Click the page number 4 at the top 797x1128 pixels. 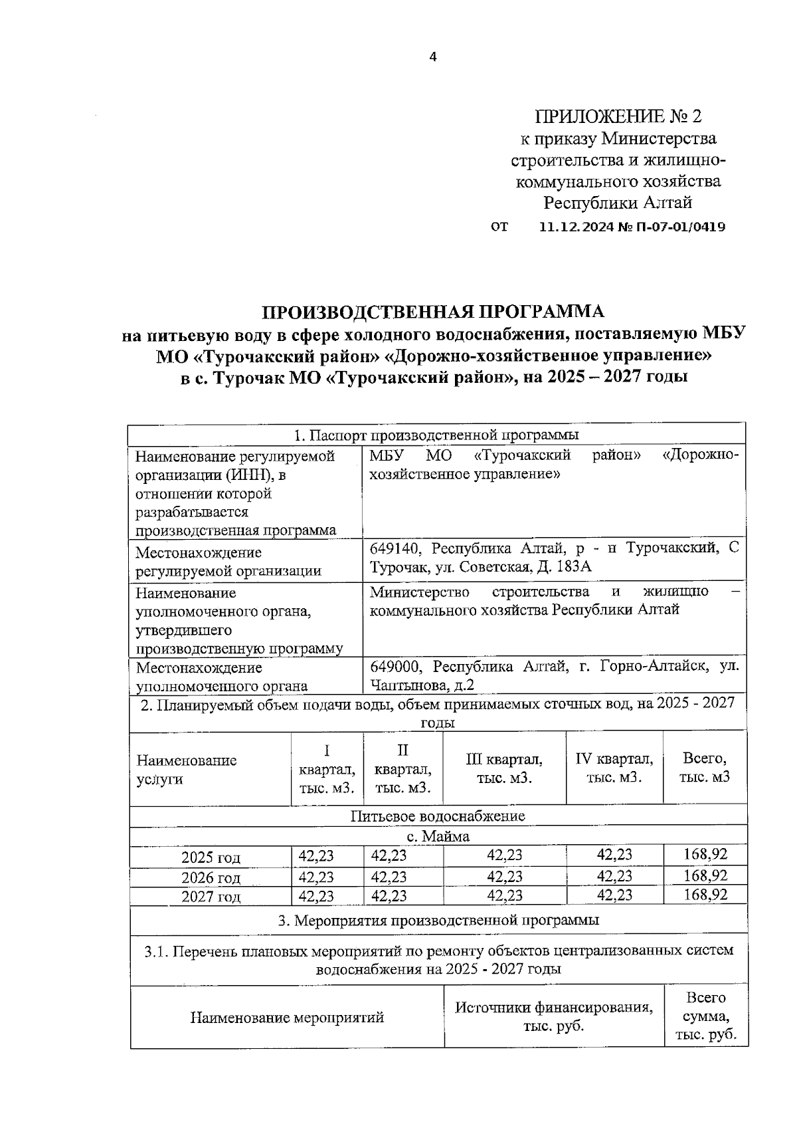pyautogui.click(x=433, y=57)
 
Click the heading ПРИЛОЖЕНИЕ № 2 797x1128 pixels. pyautogui.click(x=618, y=116)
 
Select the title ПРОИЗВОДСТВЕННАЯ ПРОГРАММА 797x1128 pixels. pyautogui.click(x=433, y=312)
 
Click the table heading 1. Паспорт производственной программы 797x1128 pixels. pyautogui.click(x=436, y=435)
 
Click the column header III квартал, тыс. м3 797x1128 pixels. pyautogui.click(x=504, y=768)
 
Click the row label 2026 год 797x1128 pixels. pyautogui.click(x=211, y=877)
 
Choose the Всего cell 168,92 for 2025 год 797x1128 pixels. pyautogui.click(x=705, y=855)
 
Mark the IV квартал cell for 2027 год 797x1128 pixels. pyautogui.click(x=614, y=896)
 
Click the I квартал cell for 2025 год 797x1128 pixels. pyautogui.click(x=316, y=856)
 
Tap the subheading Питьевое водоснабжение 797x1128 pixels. pyautogui.click(x=438, y=816)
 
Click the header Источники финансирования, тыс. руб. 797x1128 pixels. pyautogui.click(x=553, y=1016)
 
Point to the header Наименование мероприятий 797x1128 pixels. pyautogui.click(x=287, y=1017)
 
